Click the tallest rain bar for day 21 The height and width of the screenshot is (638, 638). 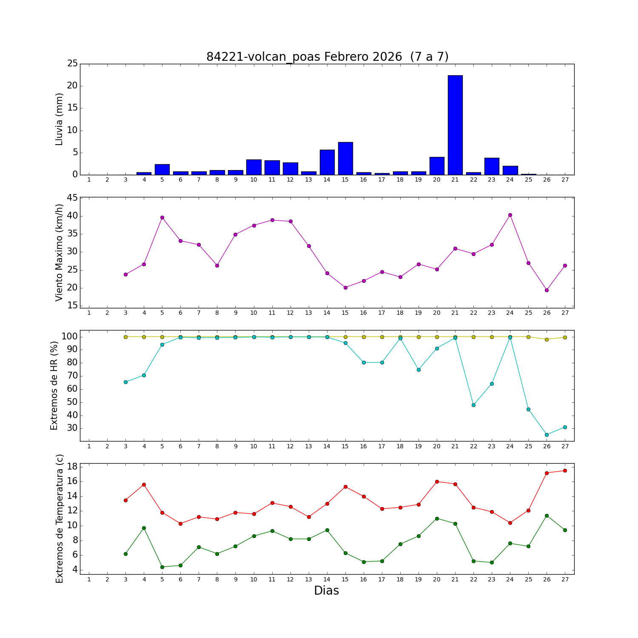455,125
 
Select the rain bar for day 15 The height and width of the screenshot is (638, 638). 345,158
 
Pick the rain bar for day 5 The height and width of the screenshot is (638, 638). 162,169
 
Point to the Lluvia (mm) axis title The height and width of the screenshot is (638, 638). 59,119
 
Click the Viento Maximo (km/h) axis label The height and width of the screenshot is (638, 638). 59,252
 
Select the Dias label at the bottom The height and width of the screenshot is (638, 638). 326,590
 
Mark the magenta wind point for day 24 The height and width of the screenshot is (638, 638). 510,215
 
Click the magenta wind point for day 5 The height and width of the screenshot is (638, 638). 162,217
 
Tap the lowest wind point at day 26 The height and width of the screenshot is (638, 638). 547,290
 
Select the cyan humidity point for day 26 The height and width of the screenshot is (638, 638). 547,435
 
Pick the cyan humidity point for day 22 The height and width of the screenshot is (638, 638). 473,405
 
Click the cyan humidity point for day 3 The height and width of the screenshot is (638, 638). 125,382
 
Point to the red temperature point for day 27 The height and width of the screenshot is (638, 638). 565,470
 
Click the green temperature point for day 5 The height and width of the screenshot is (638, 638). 162,567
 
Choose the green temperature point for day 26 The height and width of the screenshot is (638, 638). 547,516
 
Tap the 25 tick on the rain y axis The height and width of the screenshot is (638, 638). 73,64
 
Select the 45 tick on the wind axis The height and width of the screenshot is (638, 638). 73,198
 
